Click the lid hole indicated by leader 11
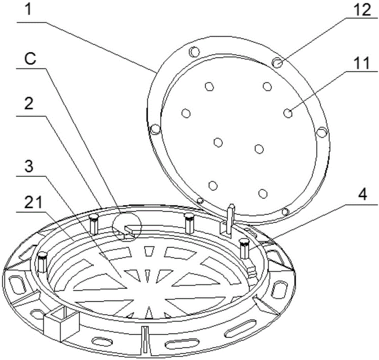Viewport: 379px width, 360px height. pos(288,113)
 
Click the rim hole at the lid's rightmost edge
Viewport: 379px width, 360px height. pos(322,132)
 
